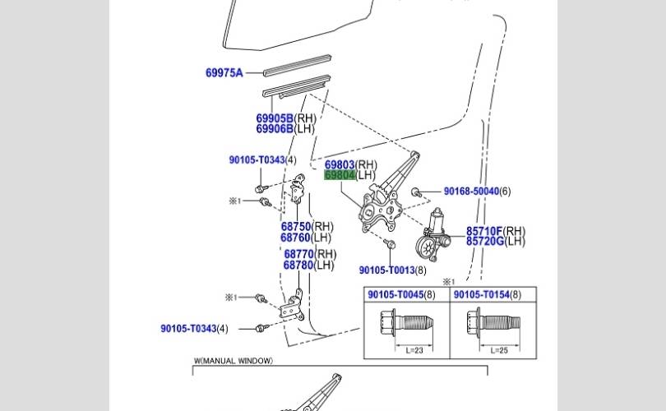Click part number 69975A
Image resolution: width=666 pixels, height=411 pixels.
tap(224, 73)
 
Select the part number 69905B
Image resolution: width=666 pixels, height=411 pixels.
tap(275, 118)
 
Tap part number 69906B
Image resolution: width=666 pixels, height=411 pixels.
tap(275, 129)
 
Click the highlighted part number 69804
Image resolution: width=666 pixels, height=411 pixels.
tap(340, 176)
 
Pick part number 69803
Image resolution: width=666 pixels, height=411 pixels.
tap(340, 165)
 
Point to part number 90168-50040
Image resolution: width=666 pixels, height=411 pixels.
tap(471, 192)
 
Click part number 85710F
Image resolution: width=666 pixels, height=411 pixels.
tap(484, 231)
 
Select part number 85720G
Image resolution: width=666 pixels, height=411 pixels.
tap(484, 241)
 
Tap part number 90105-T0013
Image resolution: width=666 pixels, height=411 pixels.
tap(386, 270)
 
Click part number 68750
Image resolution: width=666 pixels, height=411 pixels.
tap(296, 227)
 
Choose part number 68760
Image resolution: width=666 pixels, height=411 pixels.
tap(296, 238)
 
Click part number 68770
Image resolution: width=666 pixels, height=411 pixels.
tap(299, 255)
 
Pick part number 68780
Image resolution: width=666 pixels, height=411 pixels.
tap(299, 266)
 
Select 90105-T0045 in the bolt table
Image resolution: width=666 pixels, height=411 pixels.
tap(395, 295)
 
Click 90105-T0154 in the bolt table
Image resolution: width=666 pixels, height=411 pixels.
tap(481, 295)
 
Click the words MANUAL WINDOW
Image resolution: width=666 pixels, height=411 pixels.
tap(238, 361)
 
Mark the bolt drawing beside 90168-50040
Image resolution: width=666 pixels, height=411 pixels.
tap(417, 192)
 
